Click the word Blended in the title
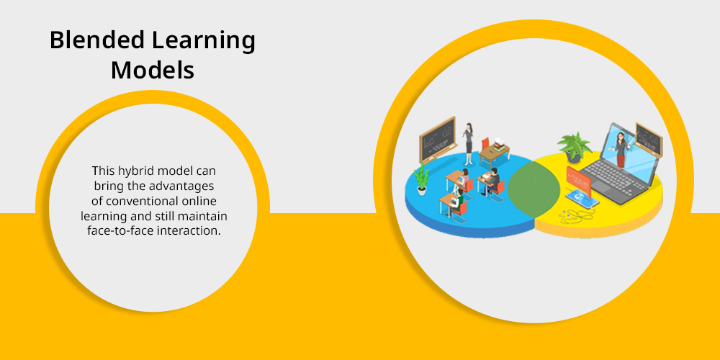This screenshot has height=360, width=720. pos(97,40)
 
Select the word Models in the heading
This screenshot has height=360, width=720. pos(153,71)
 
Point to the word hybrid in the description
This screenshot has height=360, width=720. pos(136,171)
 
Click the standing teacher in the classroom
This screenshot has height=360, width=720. pos(469,144)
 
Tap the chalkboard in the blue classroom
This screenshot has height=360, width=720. pos(437,139)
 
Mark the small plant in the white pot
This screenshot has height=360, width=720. pos(421,179)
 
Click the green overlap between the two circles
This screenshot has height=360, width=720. pos(534,188)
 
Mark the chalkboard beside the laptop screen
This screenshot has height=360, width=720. pos(649,139)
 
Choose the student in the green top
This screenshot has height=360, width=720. pos(457,199)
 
